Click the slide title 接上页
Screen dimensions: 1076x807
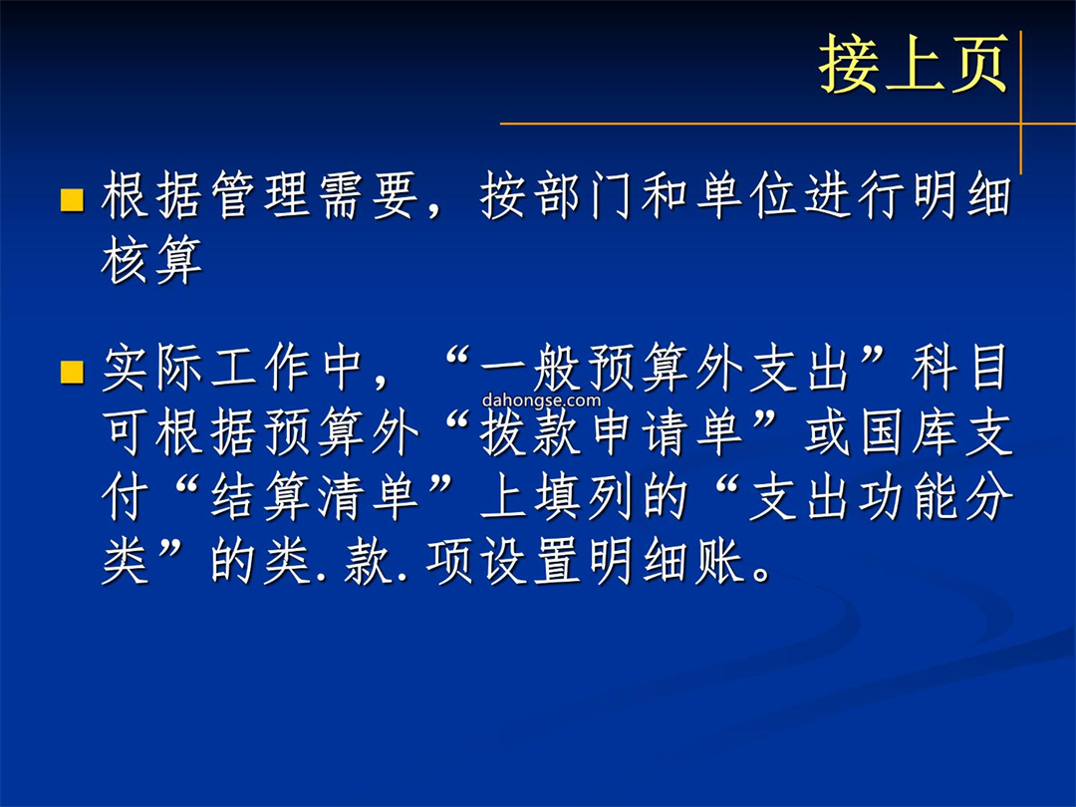pos(914,64)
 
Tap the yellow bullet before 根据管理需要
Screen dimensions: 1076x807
pos(72,199)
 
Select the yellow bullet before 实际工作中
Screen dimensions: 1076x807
pos(72,372)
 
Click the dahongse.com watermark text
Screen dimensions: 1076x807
pos(541,401)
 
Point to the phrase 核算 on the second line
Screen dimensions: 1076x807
pos(151,260)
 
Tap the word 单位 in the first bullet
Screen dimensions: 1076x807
pos(748,196)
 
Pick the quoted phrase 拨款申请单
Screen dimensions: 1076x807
pos(613,433)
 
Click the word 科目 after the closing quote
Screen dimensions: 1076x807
pos(959,369)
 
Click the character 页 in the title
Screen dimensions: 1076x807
pos(978,64)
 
